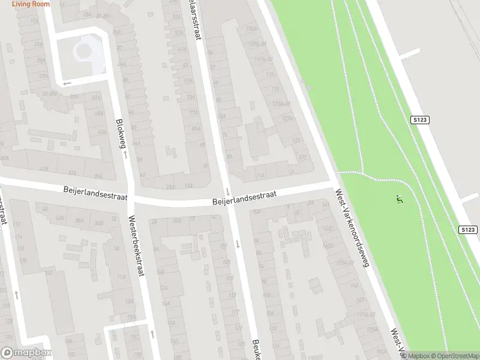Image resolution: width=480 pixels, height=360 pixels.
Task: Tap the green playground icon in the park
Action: tap(398, 198)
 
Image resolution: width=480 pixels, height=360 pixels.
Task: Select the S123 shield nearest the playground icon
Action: tap(469, 230)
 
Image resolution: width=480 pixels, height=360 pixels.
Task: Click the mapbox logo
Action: tap(26, 352)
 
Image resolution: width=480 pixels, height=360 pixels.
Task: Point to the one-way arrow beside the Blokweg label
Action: tap(126, 155)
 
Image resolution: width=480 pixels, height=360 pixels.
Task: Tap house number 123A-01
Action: tap(281, 103)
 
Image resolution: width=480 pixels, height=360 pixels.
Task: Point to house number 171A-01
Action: tap(364, 314)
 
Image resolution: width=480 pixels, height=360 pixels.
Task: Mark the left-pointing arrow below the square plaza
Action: tap(67, 83)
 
